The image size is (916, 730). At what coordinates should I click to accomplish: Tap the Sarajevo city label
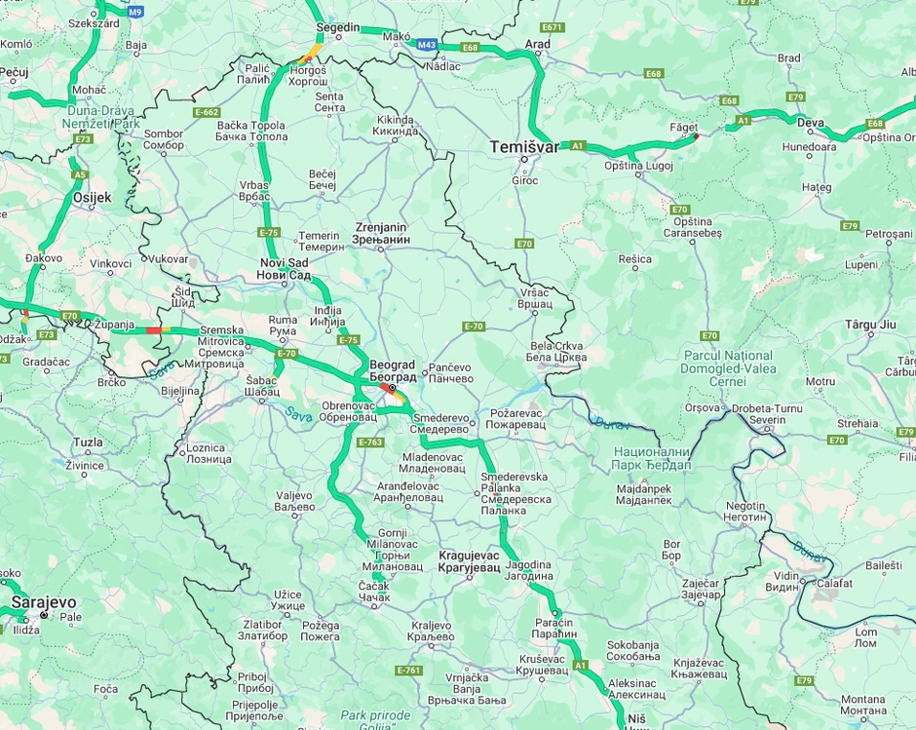pos(43,602)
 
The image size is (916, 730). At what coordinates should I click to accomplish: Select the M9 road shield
pos(134,12)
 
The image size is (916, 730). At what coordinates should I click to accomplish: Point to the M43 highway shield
pos(426,45)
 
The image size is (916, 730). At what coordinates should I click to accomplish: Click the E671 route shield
pos(553,27)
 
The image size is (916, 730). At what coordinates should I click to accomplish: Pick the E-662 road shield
pos(207,112)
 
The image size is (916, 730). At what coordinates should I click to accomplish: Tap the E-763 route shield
pos(370,442)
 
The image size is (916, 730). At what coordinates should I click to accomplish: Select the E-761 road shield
pos(409,670)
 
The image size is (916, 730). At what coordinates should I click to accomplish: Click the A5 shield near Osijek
pos(79,175)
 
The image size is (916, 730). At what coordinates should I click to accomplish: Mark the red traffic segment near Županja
pos(153,330)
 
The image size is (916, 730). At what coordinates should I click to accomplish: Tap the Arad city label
pos(537,44)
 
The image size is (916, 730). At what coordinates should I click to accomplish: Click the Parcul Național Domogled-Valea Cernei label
pos(728,368)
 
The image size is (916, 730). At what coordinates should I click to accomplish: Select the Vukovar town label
pos(168,258)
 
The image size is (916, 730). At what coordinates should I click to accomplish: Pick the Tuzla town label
pos(88,442)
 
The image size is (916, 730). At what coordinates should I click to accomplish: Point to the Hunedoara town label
pos(809,146)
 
